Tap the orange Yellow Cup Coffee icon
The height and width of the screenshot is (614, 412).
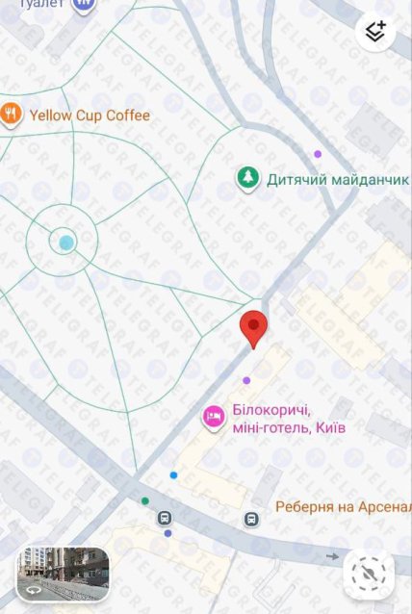(12, 115)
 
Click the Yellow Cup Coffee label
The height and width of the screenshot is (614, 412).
(90, 115)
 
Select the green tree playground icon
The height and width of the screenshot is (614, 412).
(248, 178)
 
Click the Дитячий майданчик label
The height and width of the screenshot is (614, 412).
(323, 178)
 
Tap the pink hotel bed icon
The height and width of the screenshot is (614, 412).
(213, 417)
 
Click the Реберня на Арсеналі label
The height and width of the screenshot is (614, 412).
(343, 506)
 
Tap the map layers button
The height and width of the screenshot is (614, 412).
(375, 32)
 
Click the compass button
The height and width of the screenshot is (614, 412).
(369, 575)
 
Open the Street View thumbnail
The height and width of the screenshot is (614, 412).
(63, 574)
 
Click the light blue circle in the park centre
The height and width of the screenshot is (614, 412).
(65, 243)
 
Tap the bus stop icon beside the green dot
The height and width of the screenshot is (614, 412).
(165, 519)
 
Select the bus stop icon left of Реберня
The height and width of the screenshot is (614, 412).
(251, 519)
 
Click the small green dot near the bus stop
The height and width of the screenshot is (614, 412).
(145, 500)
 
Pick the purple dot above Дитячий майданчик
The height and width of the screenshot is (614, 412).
(318, 154)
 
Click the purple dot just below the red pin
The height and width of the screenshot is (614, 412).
(246, 380)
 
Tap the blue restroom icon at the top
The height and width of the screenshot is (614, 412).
(85, 4)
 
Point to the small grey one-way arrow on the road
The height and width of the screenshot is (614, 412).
(333, 556)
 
